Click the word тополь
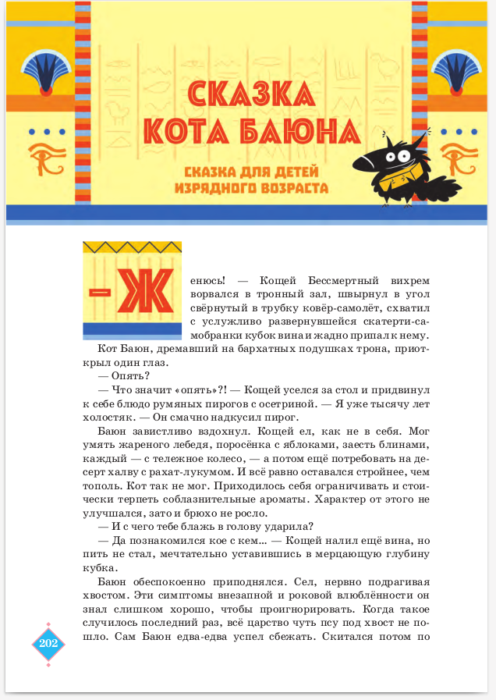click(103, 487)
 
